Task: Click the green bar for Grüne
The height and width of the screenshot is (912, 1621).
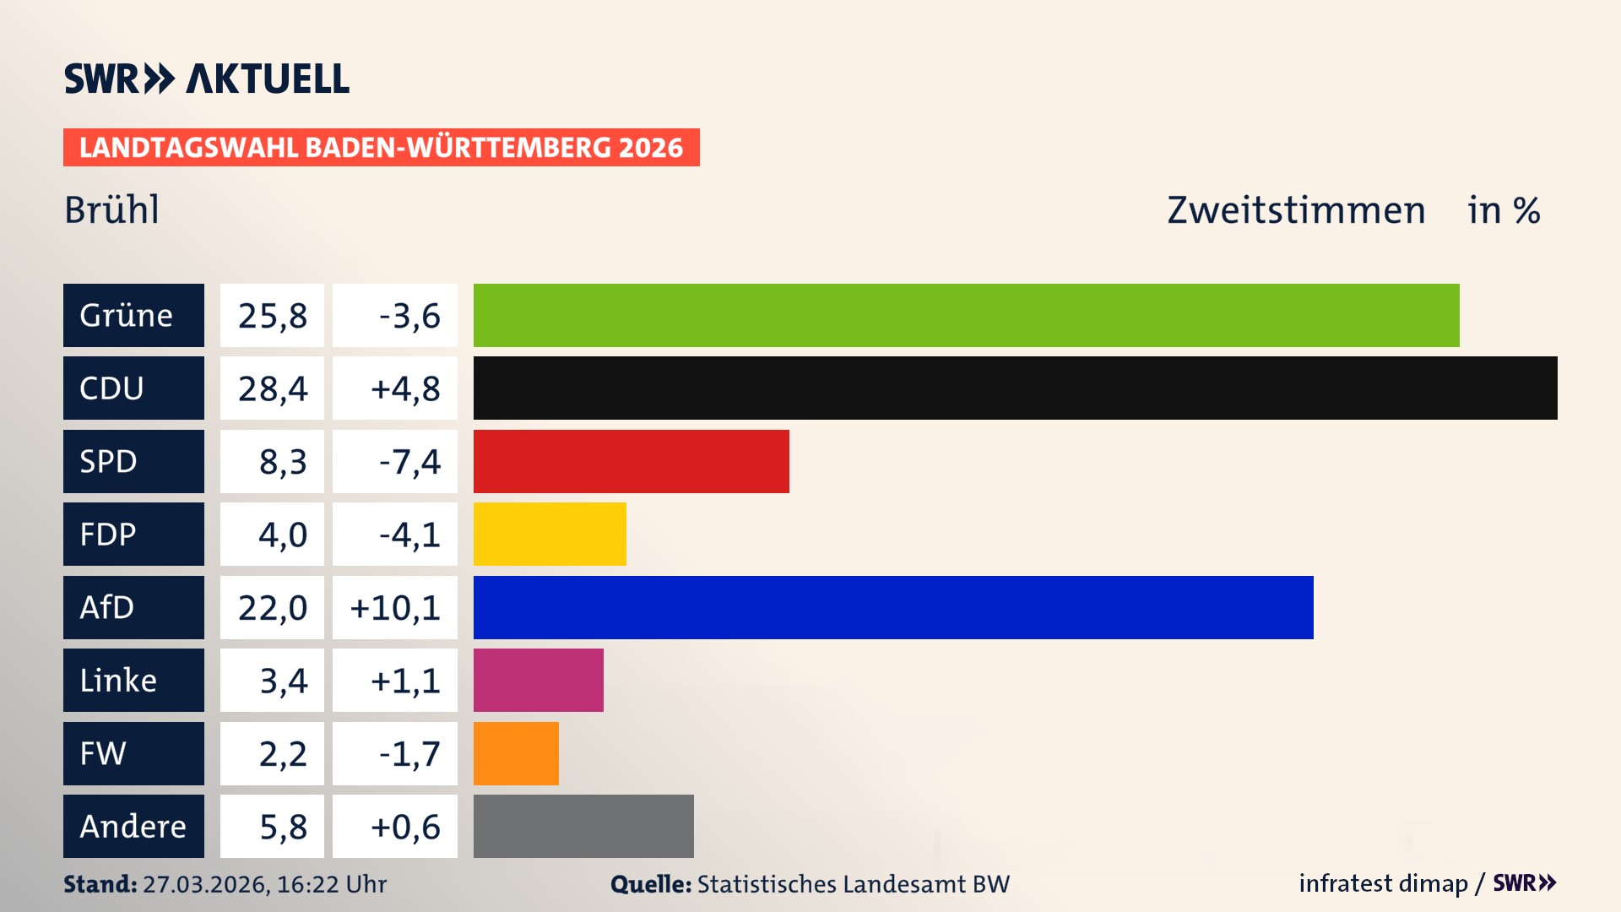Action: point(966,315)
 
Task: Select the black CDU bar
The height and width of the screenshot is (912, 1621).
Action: point(1015,388)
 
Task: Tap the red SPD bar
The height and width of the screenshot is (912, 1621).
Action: point(631,461)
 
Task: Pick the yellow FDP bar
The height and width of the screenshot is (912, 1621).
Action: point(550,534)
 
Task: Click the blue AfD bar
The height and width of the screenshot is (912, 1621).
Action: point(893,607)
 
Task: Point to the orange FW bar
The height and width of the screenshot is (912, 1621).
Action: point(516,753)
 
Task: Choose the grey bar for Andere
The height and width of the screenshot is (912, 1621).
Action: point(583,826)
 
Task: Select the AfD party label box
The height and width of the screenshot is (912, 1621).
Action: point(133,607)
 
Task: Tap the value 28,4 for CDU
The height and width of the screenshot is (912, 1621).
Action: point(272,388)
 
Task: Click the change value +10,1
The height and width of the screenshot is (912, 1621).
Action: point(395,607)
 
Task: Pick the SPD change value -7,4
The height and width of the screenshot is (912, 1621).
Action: point(409,461)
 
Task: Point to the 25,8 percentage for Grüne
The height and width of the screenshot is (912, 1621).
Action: point(272,315)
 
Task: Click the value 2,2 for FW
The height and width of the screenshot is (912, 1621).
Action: point(282,753)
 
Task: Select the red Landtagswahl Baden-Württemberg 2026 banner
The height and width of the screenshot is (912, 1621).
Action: point(381,147)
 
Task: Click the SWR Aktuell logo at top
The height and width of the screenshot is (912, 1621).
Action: point(206,79)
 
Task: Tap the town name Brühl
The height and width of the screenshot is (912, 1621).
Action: point(111,209)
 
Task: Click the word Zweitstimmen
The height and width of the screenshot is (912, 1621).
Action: point(1296,209)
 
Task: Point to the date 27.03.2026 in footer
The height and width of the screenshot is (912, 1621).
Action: point(205,884)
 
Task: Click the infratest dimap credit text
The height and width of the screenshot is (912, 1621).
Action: point(1383,883)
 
